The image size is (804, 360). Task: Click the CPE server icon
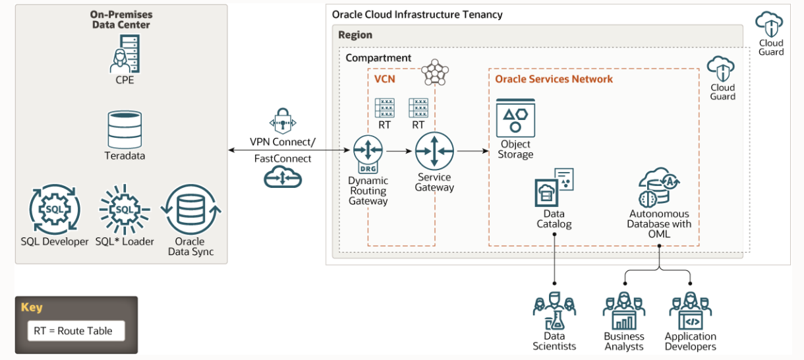124,53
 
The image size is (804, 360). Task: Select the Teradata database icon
124,129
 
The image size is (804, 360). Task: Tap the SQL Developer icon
55,210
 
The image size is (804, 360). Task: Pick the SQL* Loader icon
124,210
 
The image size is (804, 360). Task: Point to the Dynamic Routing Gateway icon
368,152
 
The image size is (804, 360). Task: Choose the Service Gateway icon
434,151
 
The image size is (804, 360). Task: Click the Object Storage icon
515,118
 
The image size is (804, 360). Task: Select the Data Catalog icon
554,188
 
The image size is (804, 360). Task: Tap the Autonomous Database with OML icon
658,187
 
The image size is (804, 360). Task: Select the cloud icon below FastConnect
283,177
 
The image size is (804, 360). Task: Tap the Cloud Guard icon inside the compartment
722,69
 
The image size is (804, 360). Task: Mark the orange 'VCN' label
384,79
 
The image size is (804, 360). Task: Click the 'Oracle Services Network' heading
554,79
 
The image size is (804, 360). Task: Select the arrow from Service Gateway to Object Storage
471,151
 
